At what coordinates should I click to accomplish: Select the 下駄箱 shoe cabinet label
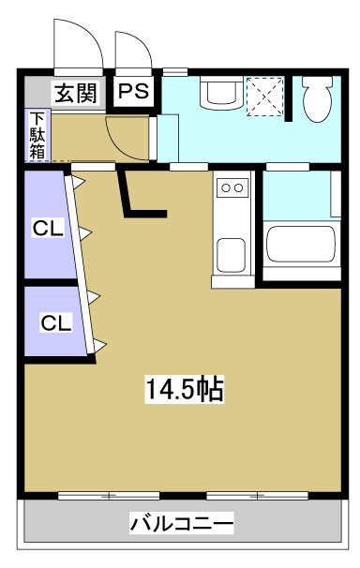click(37, 136)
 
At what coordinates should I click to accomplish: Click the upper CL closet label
click(48, 228)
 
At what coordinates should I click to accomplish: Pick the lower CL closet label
click(54, 323)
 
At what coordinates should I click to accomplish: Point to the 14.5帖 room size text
click(184, 389)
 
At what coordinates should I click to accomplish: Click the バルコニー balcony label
click(182, 522)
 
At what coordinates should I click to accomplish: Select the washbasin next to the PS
click(220, 94)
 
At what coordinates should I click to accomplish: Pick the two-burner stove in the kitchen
click(231, 189)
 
